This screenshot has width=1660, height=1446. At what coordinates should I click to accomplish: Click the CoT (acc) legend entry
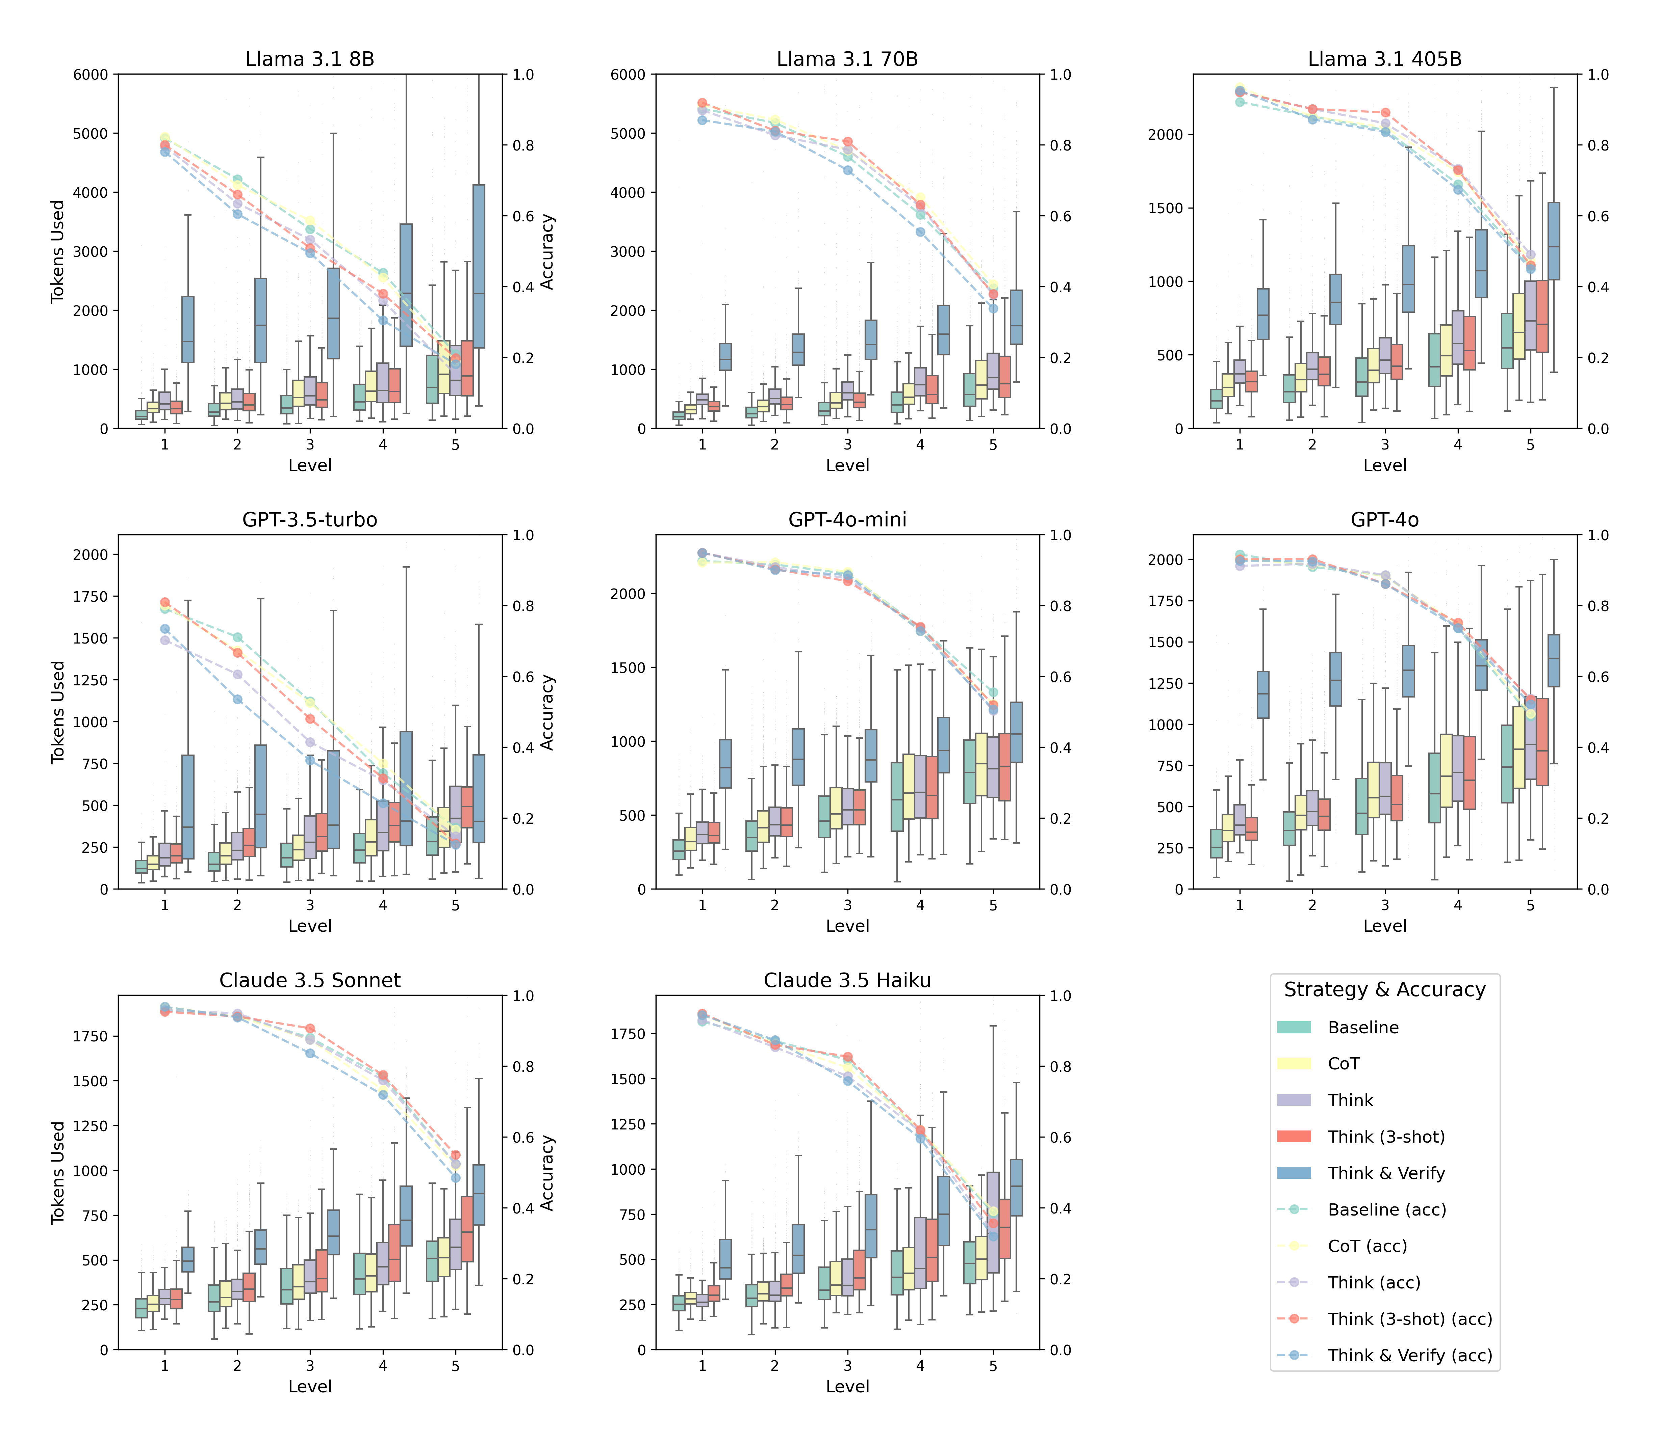tap(1367, 1246)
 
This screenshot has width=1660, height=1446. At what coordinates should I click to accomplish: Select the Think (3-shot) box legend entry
tap(1385, 1137)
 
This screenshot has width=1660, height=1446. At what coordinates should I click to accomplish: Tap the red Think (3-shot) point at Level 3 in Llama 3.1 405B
tap(1385, 113)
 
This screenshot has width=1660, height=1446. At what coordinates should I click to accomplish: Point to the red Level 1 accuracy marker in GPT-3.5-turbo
tap(165, 602)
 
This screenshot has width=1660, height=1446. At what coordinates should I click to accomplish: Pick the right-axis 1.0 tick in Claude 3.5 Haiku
tap(1060, 996)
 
